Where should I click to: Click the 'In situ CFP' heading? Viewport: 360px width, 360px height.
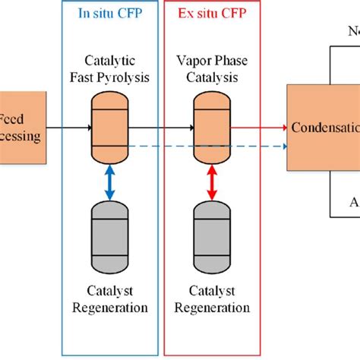click(x=109, y=13)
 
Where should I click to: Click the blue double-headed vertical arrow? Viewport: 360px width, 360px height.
click(x=110, y=184)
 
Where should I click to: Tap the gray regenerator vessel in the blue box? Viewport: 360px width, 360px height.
click(x=110, y=238)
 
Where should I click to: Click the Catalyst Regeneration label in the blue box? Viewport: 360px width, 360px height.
click(x=111, y=299)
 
